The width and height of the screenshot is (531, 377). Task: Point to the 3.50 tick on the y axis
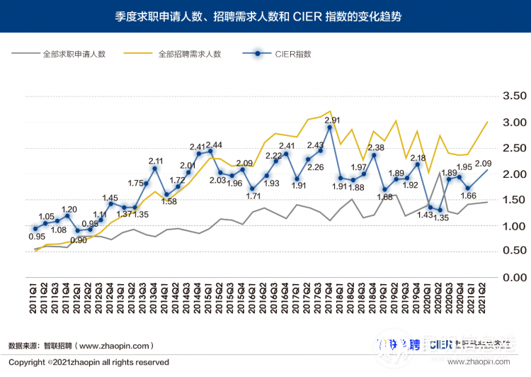click(513, 96)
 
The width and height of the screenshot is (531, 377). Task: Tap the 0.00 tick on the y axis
click(513, 278)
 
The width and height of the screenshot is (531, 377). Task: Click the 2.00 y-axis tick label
click(513, 174)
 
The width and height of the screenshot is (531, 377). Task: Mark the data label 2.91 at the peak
click(333, 120)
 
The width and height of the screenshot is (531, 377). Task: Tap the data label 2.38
click(376, 147)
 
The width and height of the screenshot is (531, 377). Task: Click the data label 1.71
click(253, 196)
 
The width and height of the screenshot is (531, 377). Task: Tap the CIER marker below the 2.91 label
click(329, 127)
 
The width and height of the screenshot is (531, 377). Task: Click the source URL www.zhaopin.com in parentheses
click(113, 346)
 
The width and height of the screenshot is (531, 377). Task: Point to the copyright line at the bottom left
click(88, 362)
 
